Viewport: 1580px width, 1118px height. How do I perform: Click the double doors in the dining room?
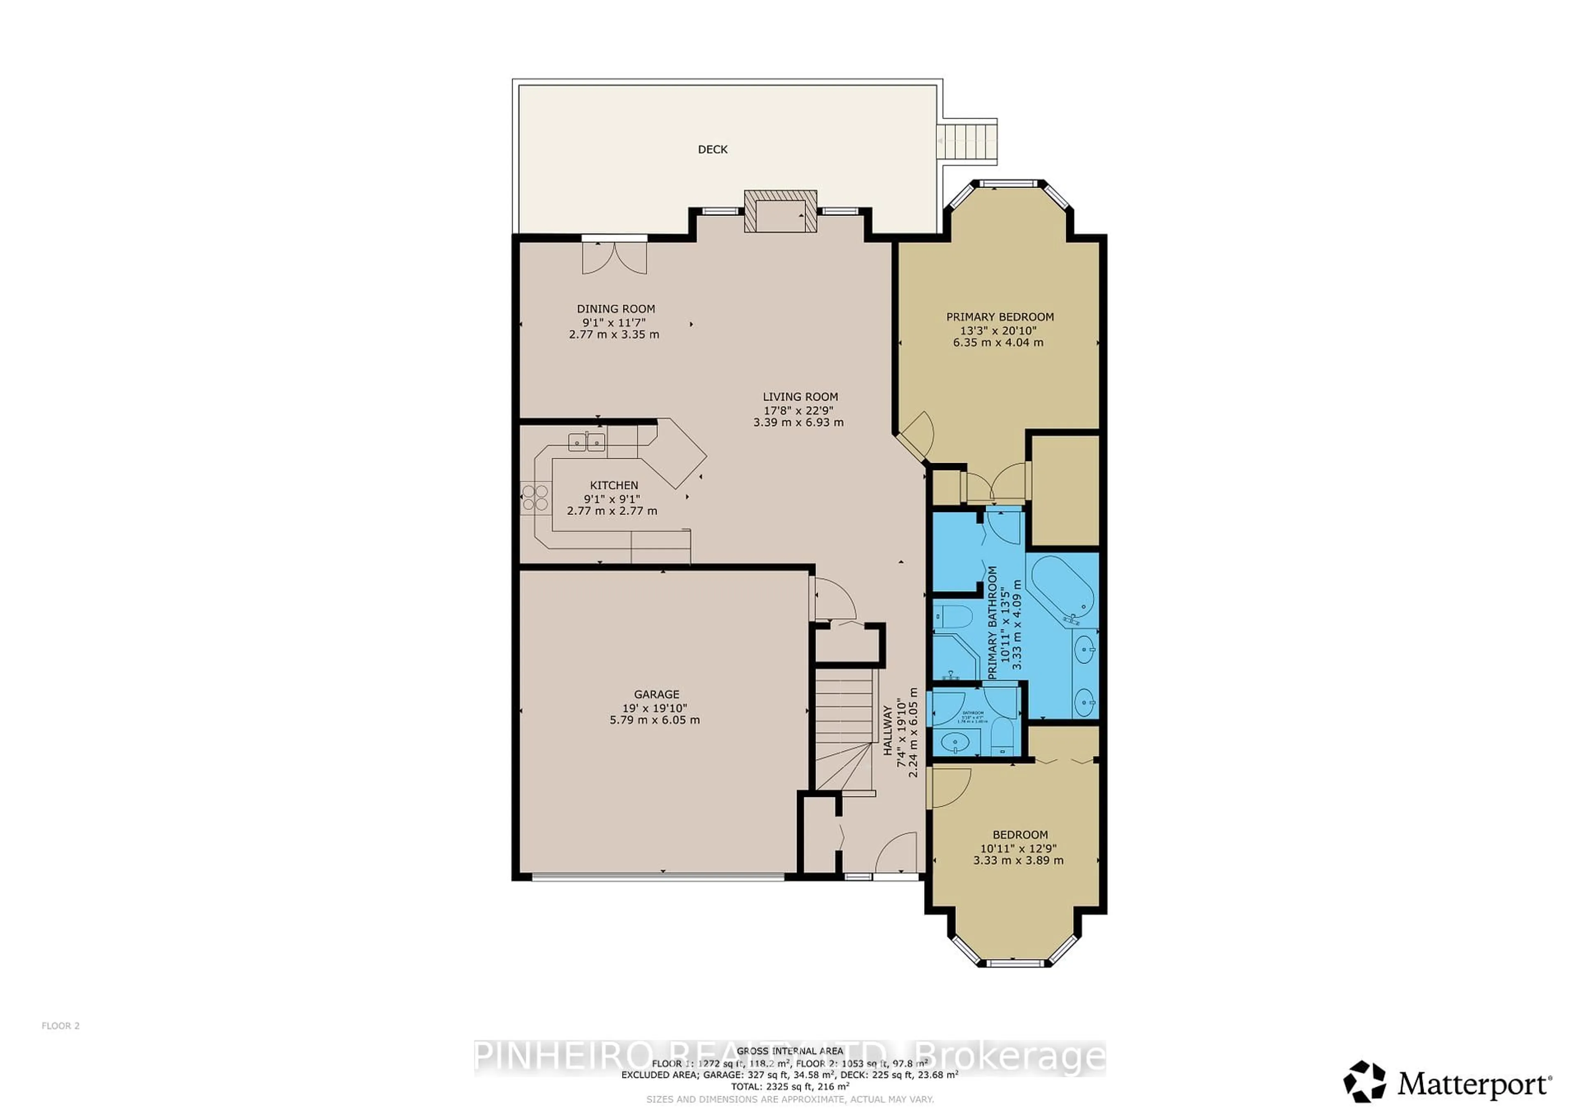click(x=615, y=257)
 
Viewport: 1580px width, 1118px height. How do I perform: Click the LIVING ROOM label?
click(x=799, y=396)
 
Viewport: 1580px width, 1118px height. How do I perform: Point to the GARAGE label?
click(x=657, y=694)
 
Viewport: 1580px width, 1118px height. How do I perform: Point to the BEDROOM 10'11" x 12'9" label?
click(x=1020, y=834)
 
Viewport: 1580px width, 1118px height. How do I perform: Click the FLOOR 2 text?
click(x=60, y=1045)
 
